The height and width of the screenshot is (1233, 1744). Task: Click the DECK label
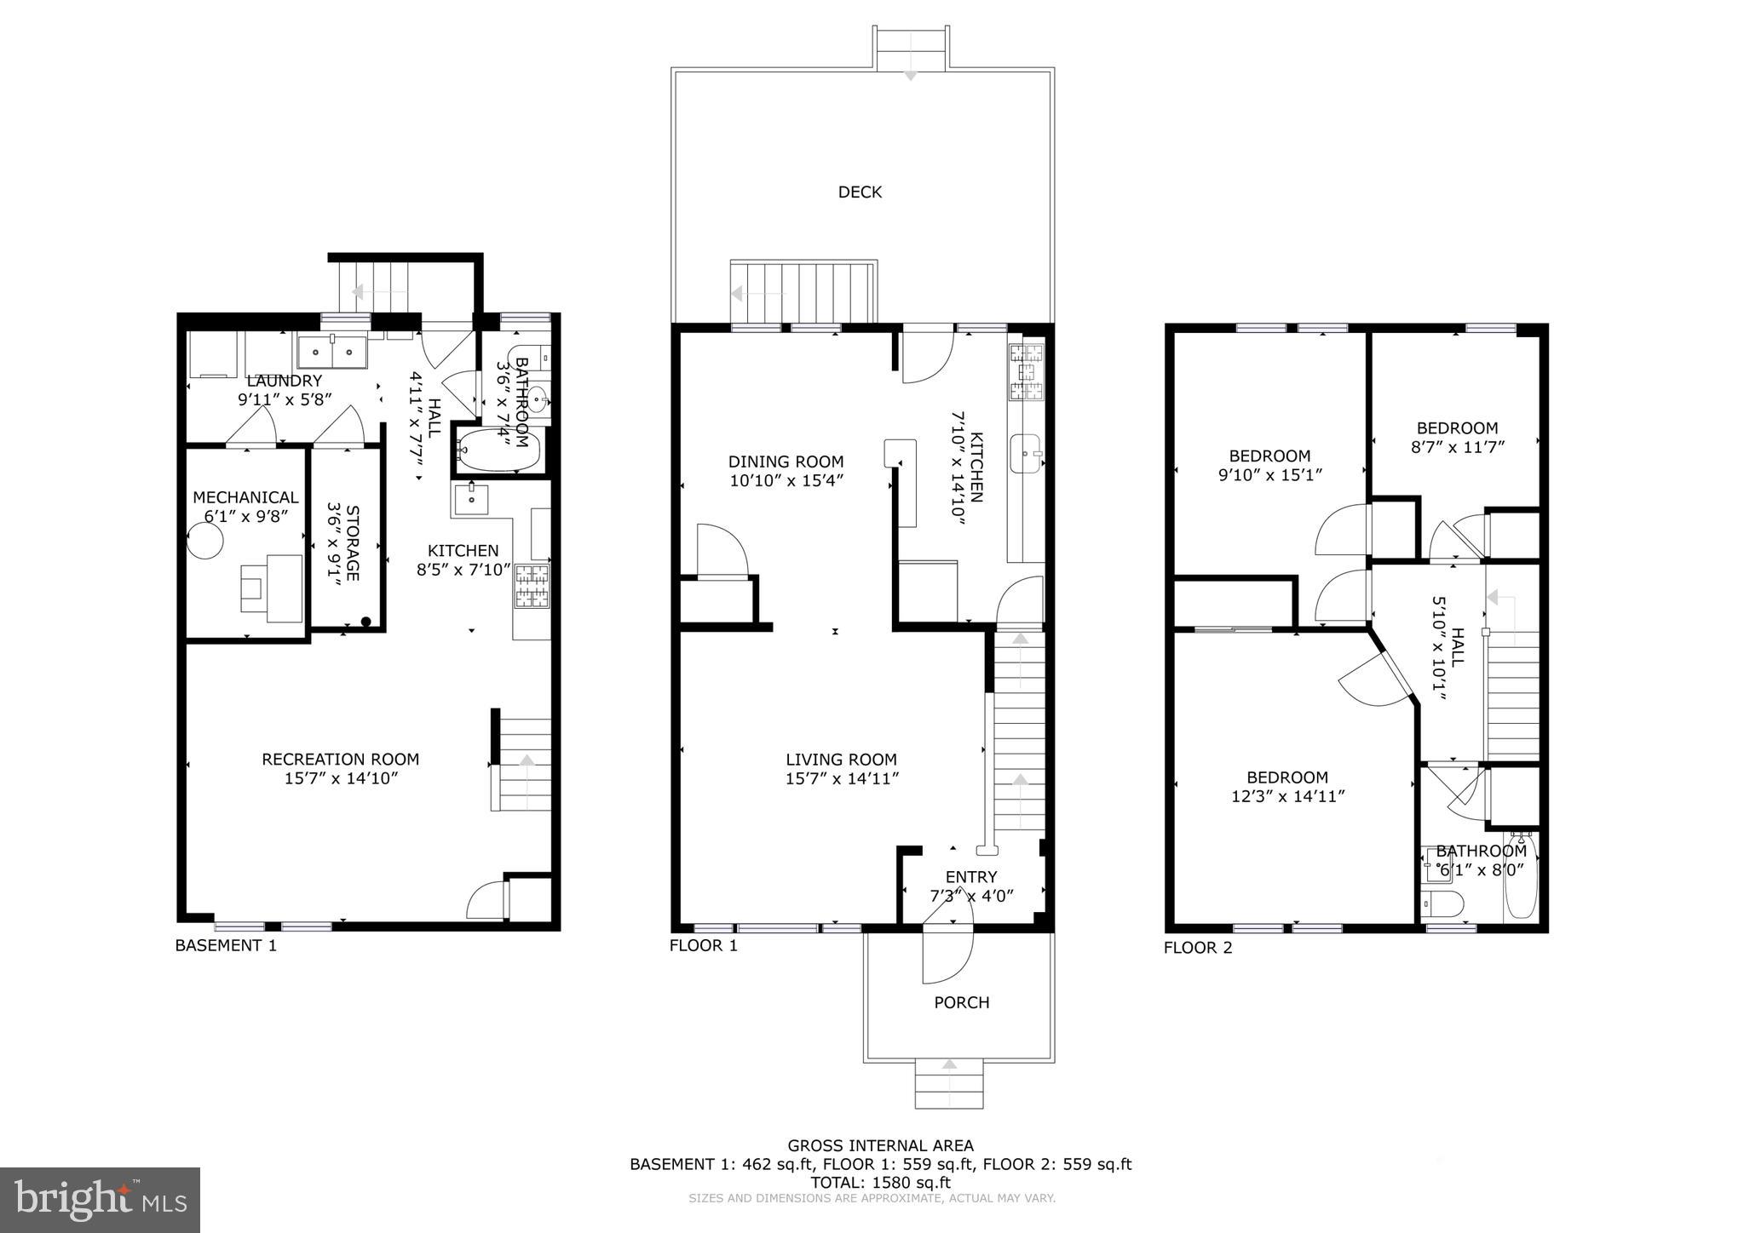pyautogui.click(x=860, y=192)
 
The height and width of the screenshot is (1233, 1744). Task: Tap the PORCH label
pyautogui.click(x=961, y=1003)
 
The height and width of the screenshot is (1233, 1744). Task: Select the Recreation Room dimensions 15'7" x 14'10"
pyautogui.click(x=341, y=778)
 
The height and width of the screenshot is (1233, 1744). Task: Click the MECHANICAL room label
pyautogui.click(x=245, y=497)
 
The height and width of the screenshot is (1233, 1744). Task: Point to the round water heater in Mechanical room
pyautogui.click(x=205, y=541)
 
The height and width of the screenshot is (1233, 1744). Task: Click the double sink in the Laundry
pyautogui.click(x=332, y=351)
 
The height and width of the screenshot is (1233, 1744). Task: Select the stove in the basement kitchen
pyautogui.click(x=532, y=586)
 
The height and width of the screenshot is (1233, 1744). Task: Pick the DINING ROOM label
pyautogui.click(x=786, y=462)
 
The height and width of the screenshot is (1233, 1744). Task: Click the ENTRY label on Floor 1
pyautogui.click(x=970, y=877)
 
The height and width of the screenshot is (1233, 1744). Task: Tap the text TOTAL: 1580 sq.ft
pyautogui.click(x=880, y=1182)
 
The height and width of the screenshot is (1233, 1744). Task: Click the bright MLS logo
pyautogui.click(x=100, y=1200)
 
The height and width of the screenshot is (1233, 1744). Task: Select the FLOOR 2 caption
pyautogui.click(x=1198, y=948)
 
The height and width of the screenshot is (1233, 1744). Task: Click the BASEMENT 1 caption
pyautogui.click(x=226, y=945)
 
